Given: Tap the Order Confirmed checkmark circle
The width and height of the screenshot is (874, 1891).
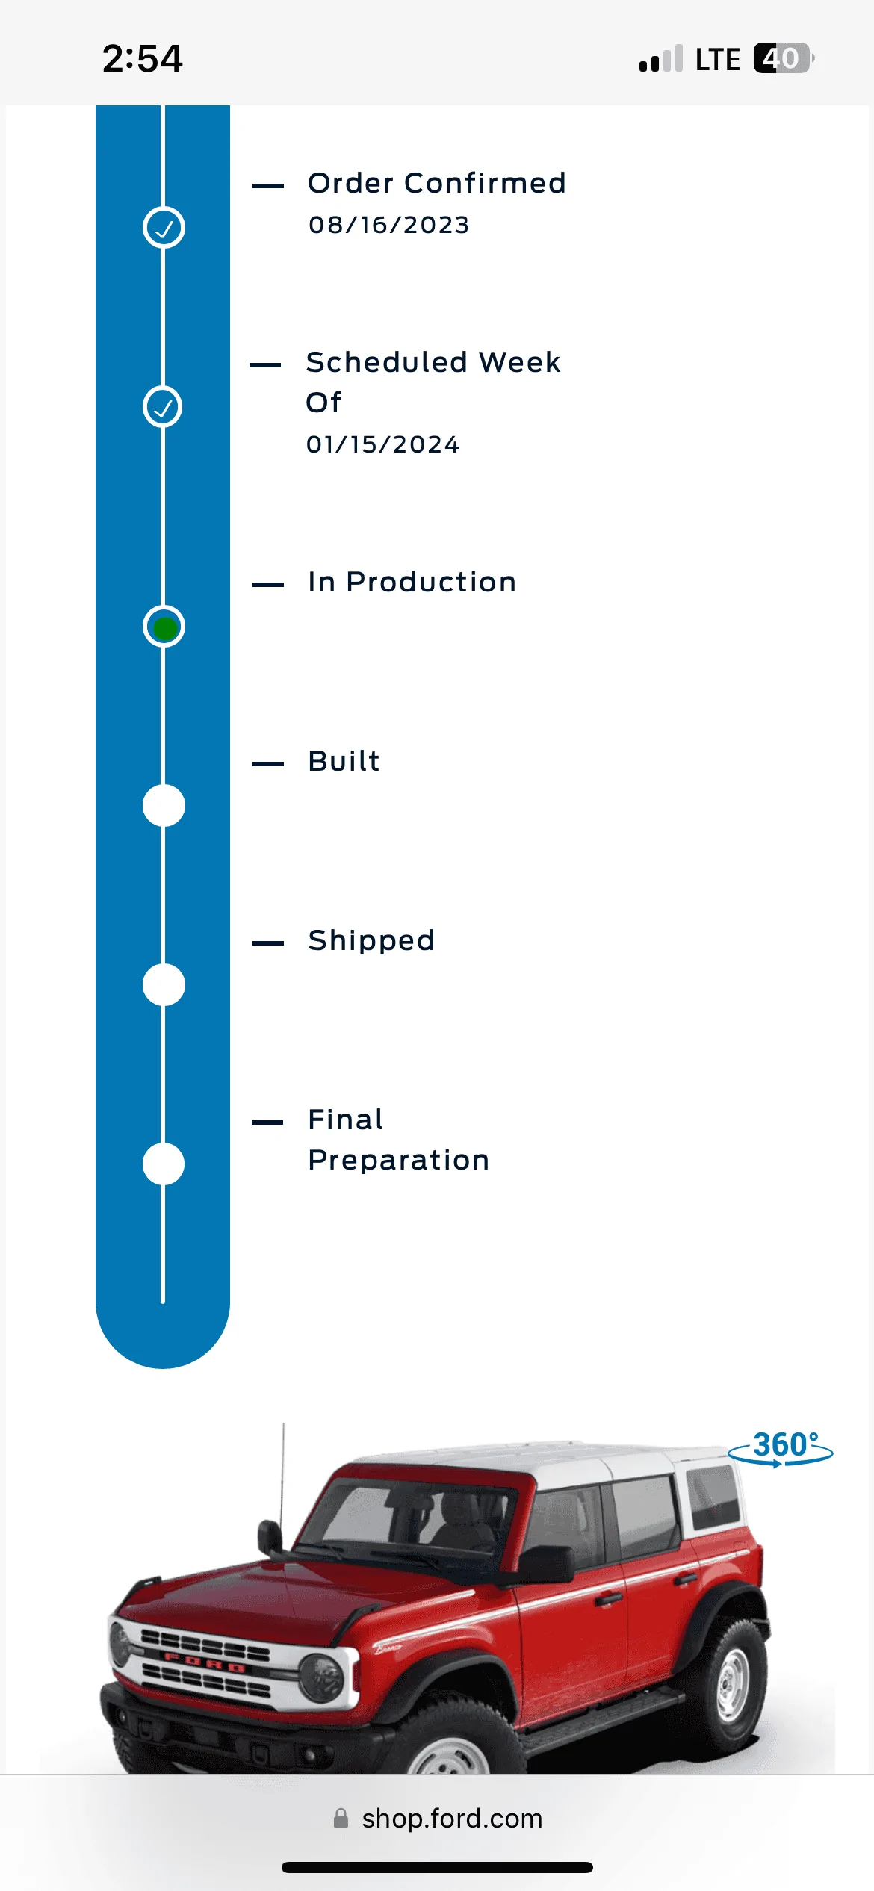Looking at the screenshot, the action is (164, 228).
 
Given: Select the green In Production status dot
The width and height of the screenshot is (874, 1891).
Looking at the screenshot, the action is (164, 627).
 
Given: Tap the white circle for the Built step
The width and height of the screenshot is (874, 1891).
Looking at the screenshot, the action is (164, 806).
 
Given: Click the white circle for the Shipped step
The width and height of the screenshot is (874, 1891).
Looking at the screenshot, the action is (164, 985).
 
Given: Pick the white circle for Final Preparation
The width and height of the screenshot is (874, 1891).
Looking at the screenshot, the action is (164, 1164).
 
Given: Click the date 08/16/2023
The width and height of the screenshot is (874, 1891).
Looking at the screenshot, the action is (389, 225).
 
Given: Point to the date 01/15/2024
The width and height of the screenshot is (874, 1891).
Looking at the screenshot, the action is (383, 444).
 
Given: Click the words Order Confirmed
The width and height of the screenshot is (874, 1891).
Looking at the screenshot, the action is (437, 183).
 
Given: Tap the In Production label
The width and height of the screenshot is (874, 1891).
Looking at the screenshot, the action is (412, 582).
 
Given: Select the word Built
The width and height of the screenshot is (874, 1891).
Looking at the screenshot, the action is (344, 761).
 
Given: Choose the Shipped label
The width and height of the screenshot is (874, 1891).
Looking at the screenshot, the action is (371, 941).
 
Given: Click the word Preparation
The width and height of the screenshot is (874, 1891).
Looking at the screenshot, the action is (399, 1161).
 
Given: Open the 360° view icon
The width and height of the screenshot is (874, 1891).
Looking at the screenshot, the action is (781, 1447).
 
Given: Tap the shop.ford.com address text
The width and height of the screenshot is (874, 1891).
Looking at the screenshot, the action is (452, 1819).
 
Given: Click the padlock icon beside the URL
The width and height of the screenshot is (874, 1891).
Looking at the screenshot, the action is (341, 1819).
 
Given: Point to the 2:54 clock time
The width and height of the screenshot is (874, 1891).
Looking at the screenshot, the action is (143, 58).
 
